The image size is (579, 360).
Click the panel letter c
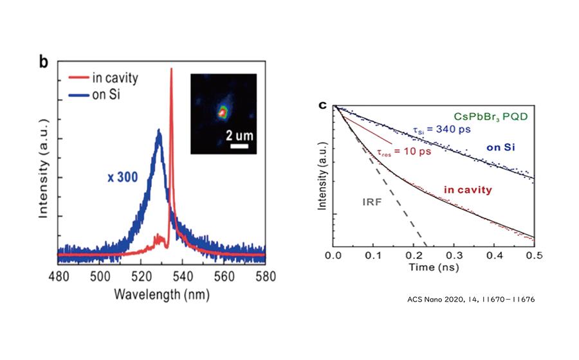(x=325, y=104)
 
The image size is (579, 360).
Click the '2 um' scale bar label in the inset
(x=239, y=136)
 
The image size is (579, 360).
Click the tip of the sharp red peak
(x=171, y=69)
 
